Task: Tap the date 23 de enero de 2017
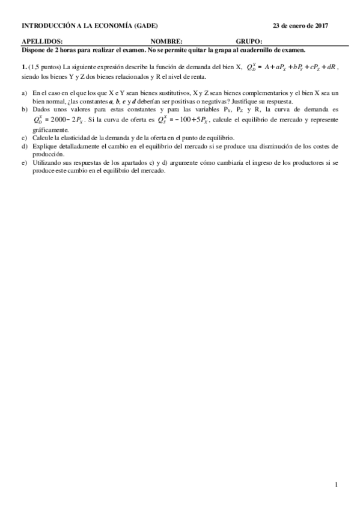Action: [301, 26]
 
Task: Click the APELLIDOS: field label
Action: [42, 42]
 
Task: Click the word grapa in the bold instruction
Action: [222, 50]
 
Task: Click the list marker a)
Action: [24, 94]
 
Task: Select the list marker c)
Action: [24, 138]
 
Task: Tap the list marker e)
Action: [24, 163]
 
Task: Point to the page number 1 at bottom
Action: [337, 485]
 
